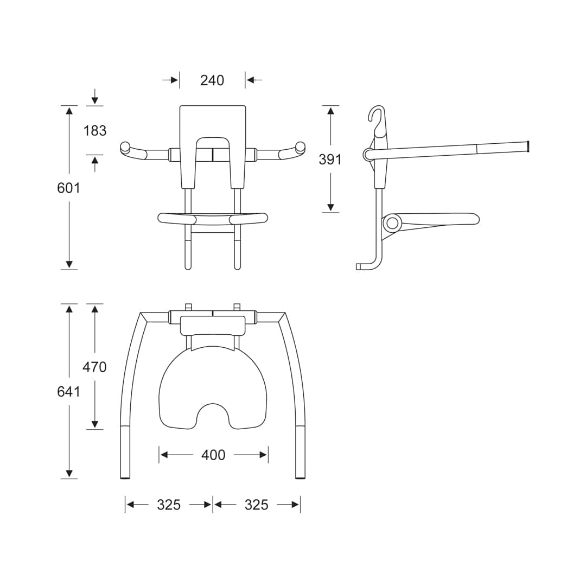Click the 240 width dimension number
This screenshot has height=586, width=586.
212,80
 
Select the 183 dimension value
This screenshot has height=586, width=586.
94,131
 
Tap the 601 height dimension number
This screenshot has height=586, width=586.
69,188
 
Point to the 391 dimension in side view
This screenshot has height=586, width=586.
330,160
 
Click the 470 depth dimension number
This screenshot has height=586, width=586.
94,367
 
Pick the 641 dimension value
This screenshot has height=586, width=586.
69,392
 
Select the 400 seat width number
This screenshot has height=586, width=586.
213,455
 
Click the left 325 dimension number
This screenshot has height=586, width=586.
169,505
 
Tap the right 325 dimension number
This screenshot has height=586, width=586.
257,505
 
